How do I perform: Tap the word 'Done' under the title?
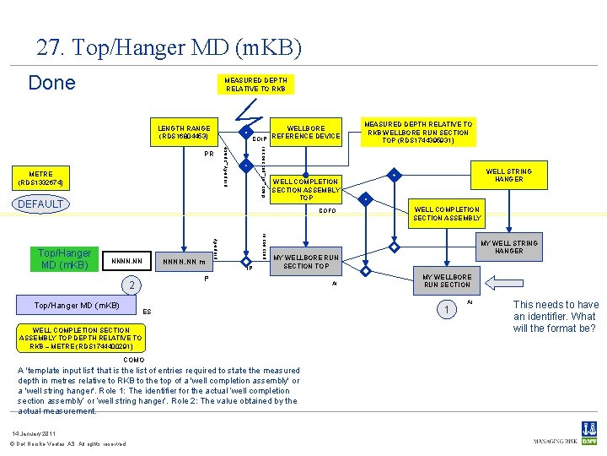51,83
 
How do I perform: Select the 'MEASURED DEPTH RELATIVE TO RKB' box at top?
255,84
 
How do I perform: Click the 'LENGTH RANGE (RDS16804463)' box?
183,132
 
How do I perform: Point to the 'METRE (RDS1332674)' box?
40,178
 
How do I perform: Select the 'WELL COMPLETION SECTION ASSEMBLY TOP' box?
305,189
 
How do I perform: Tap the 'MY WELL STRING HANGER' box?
509,247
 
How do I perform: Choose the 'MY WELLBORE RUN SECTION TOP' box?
306,262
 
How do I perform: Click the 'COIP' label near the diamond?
260,138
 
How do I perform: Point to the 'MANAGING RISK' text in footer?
553,441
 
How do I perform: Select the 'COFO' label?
328,211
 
